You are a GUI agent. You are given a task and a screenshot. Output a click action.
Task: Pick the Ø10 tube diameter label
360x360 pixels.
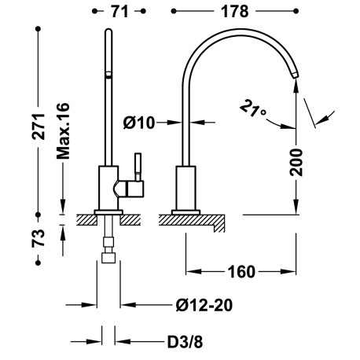[x=139, y=122]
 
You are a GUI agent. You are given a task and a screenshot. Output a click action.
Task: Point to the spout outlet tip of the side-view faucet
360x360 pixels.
[x=295, y=73]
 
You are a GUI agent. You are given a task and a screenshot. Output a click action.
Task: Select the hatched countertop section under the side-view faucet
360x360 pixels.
[x=197, y=222]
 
